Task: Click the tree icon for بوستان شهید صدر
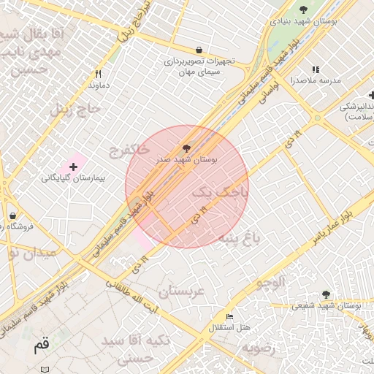click(x=186, y=149)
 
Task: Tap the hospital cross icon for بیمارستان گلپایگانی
click(x=73, y=167)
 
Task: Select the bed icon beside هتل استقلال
click(x=230, y=317)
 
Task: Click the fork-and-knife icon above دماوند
click(x=98, y=74)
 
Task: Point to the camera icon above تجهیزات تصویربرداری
click(x=199, y=50)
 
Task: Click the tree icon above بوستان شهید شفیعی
click(x=326, y=294)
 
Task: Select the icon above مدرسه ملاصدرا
click(x=316, y=70)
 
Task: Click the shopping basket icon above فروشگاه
click(x=13, y=216)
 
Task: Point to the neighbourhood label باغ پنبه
click(x=240, y=237)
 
